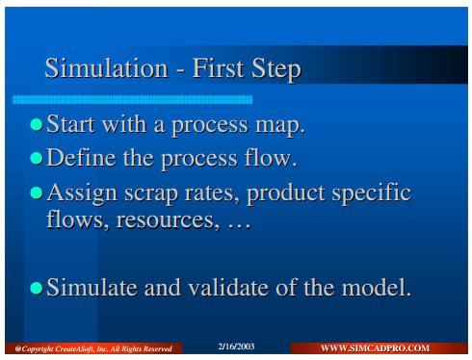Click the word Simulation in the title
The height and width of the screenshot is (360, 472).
pos(107,68)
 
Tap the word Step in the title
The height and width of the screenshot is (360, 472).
pos(276,69)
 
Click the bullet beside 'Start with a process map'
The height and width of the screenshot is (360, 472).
pos(37,124)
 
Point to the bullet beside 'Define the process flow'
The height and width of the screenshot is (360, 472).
pos(37,158)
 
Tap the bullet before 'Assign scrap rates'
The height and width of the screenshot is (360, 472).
pos(37,193)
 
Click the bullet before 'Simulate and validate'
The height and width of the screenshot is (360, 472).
pos(37,288)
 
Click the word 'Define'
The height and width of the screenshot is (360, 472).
pos(81,157)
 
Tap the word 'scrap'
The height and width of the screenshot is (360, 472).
pos(151,194)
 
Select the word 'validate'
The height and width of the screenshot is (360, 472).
pos(228,287)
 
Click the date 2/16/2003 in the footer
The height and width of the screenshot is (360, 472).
pos(236,347)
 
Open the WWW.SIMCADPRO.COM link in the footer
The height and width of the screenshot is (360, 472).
pos(375,348)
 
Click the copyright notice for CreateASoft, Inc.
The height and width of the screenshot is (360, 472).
pos(93,348)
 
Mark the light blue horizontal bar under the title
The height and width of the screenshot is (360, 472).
pos(132,99)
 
